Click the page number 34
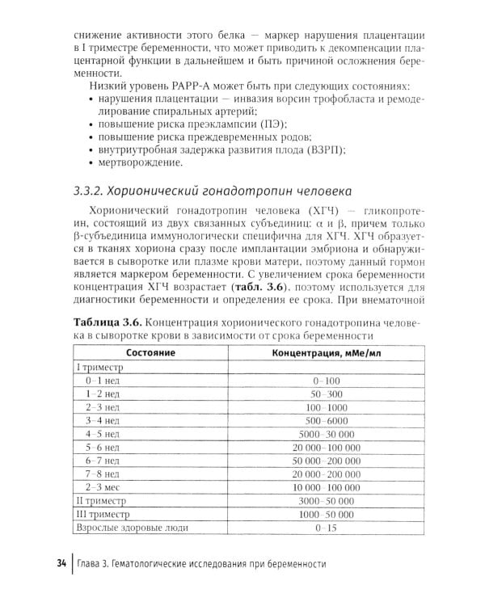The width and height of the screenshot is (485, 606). [61, 563]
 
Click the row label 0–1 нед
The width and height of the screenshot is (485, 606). [103, 379]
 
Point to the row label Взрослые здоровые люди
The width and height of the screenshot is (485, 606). [132, 528]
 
